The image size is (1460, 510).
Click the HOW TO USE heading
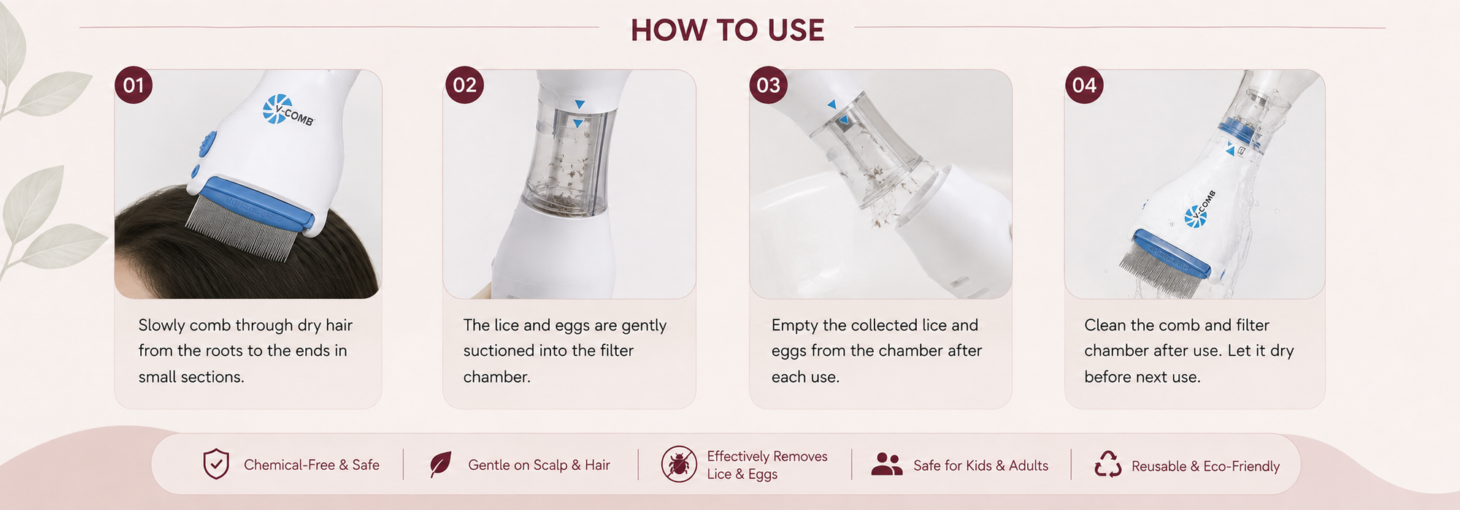click(728, 31)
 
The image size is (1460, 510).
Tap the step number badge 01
click(134, 85)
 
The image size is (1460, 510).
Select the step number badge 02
click(464, 85)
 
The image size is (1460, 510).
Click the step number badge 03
click(769, 85)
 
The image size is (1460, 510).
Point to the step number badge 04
click(1084, 85)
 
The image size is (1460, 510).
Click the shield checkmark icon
click(216, 464)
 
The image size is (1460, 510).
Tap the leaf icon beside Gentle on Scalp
click(440, 465)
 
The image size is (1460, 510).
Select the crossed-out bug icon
click(679, 464)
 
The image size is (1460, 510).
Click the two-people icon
click(887, 464)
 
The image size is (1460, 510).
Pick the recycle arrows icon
click(1107, 464)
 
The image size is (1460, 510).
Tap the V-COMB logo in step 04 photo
click(1200, 210)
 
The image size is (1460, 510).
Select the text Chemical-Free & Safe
click(312, 465)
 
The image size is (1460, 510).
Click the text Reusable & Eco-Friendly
click(1205, 466)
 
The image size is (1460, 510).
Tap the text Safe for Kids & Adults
click(980, 465)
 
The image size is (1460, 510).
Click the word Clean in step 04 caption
click(1104, 325)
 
